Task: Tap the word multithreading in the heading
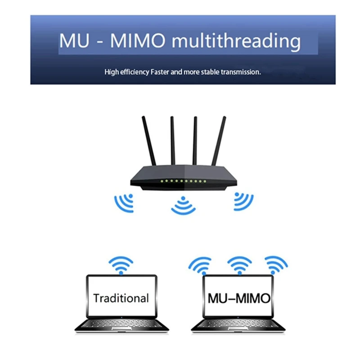237,41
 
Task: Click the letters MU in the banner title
74,41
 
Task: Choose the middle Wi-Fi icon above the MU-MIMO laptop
239,265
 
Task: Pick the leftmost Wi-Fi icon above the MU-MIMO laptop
200,265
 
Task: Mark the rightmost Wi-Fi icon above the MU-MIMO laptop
276,265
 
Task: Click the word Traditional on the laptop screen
121,297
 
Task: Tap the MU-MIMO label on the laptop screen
239,297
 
